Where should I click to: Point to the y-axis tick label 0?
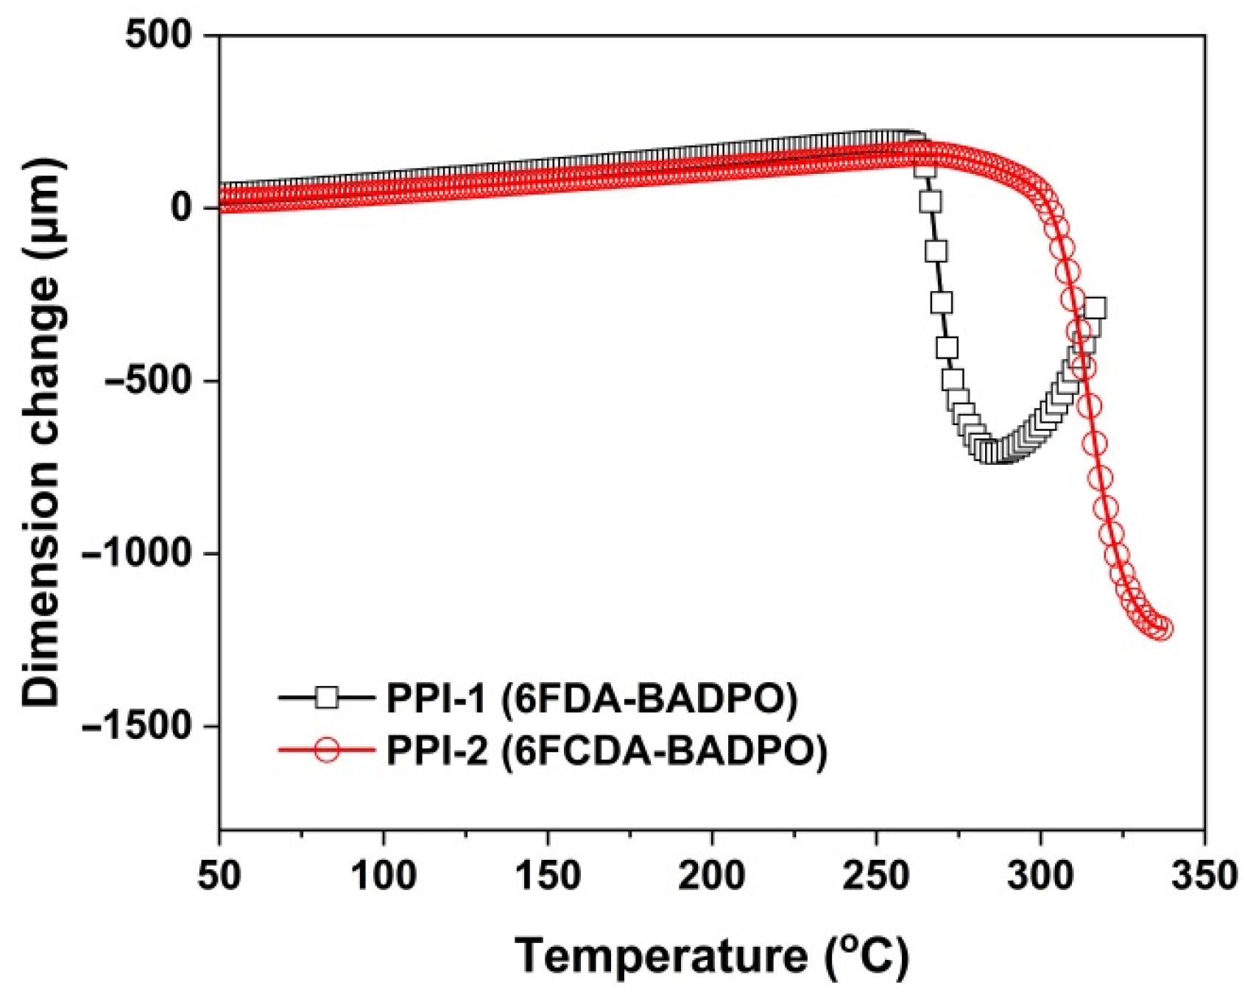tap(182, 208)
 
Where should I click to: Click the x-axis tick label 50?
tap(219, 876)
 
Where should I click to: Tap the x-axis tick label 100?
tap(384, 876)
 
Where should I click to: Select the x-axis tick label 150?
tap(548, 876)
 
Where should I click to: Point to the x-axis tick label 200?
tap(712, 876)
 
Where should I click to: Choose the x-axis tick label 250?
tap(876, 876)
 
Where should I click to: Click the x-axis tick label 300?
tap(1040, 876)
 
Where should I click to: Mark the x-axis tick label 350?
tap(1204, 876)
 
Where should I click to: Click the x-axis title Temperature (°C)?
tap(712, 956)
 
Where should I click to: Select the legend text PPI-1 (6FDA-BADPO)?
tap(592, 698)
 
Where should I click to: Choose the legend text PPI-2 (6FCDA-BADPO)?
tap(607, 751)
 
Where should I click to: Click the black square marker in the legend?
tap(326, 697)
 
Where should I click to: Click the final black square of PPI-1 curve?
tap(1095, 309)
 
